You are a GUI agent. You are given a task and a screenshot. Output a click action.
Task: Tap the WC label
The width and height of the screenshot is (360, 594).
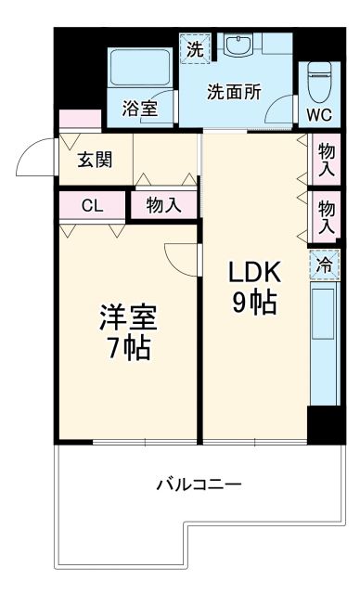pyautogui.click(x=318, y=115)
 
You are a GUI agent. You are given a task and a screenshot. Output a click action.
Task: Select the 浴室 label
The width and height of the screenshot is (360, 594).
pyautogui.click(x=139, y=108)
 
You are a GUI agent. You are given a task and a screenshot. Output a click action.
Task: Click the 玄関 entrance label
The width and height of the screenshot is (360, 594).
pyautogui.click(x=95, y=160)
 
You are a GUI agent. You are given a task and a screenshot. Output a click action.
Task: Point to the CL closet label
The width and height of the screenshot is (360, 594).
pyautogui.click(x=92, y=206)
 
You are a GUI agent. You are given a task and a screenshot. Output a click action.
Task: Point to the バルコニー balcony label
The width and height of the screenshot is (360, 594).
pyautogui.click(x=198, y=484)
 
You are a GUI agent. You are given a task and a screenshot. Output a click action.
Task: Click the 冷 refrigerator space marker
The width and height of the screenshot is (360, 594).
pyautogui.click(x=324, y=265)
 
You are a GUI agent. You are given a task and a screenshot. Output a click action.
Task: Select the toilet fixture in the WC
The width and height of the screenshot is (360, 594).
pyautogui.click(x=319, y=82)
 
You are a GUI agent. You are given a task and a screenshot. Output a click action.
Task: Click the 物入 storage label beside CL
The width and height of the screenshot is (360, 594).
pyautogui.click(x=164, y=206)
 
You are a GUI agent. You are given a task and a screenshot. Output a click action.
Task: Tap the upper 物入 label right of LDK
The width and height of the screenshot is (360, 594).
pyautogui.click(x=326, y=159)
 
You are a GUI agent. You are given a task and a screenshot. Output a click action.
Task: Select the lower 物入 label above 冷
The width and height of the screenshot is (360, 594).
pyautogui.click(x=326, y=216)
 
